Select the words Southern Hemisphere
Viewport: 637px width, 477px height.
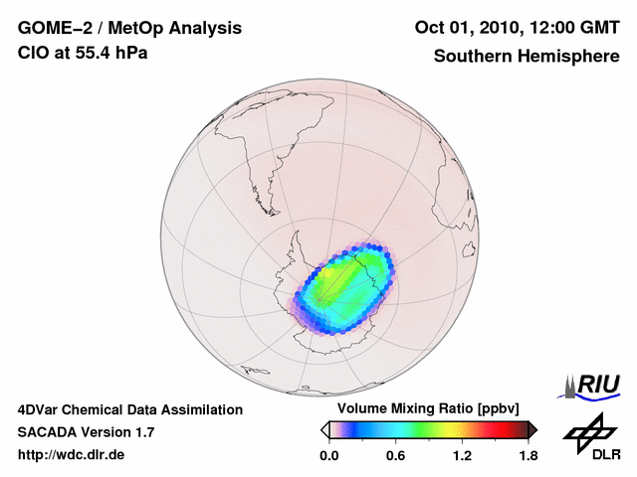click(526, 56)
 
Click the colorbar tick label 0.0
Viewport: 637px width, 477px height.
click(328, 455)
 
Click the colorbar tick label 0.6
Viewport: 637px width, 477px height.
click(395, 455)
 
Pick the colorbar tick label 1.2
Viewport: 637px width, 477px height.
click(462, 455)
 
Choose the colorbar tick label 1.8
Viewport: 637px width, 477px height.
click(528, 455)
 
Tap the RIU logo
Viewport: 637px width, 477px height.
click(594, 384)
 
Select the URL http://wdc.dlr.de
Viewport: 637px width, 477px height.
click(72, 455)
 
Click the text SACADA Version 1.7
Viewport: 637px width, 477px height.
click(86, 432)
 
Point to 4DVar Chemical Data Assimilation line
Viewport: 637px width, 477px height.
click(129, 409)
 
